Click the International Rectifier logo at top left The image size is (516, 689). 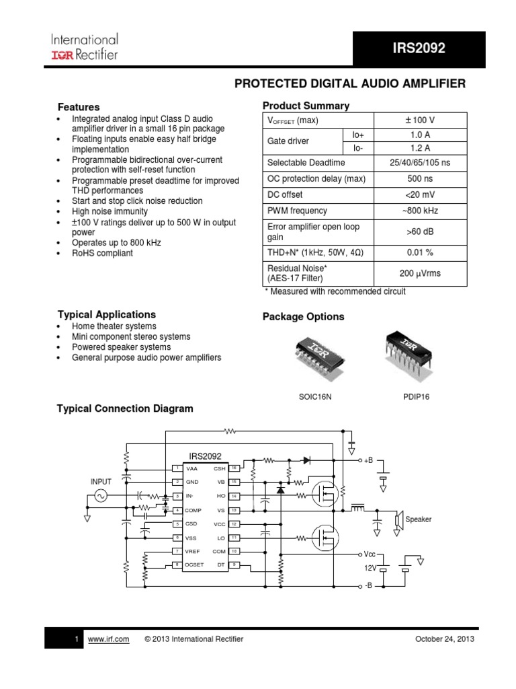pos(84,46)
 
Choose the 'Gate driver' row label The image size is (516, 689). pos(288,141)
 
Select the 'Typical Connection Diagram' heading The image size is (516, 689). pos(125,408)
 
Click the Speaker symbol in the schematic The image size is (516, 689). pos(398,519)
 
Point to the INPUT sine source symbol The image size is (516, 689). pos(101,496)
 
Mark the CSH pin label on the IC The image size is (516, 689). pos(220,468)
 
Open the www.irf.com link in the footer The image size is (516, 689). pos(108,639)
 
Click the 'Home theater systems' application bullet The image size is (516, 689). pos(114,326)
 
